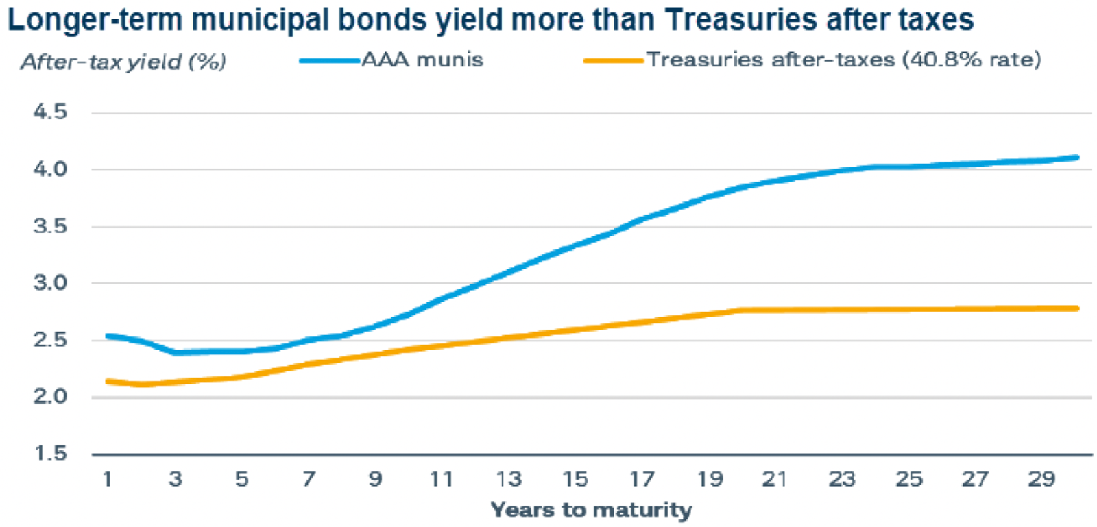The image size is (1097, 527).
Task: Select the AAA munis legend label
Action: click(422, 60)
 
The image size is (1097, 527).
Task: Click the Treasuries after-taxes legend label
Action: click(843, 60)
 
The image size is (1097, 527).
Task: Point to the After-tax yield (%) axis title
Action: click(123, 62)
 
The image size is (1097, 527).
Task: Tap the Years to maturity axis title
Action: click(591, 510)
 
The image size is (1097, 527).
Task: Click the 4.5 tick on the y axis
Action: click(51, 112)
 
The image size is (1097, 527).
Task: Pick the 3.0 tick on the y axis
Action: click(51, 282)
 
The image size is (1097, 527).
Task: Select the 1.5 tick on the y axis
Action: click(51, 453)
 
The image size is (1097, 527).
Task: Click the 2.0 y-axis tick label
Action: click(51, 396)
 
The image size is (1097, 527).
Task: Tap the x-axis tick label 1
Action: click(108, 479)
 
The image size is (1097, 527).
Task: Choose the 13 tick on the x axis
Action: click(509, 479)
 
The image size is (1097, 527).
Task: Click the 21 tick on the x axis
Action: click(775, 479)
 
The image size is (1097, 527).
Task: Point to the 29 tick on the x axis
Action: click(1041, 479)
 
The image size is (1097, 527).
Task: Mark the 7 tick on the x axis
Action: click(309, 479)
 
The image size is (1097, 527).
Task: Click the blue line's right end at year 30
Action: click(1076, 158)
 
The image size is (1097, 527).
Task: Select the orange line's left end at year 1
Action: click(108, 381)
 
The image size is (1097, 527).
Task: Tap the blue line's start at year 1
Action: click(108, 336)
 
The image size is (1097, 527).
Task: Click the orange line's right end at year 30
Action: click(1076, 308)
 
